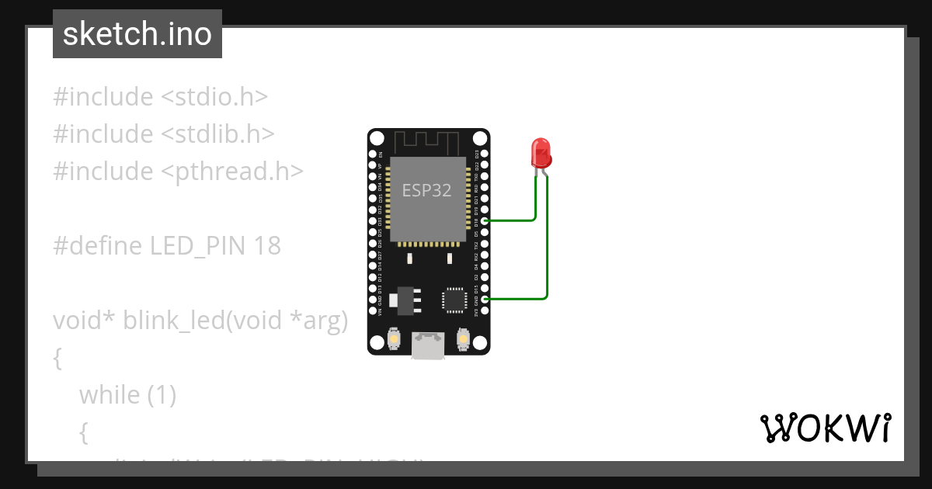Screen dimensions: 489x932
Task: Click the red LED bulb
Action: coord(541,153)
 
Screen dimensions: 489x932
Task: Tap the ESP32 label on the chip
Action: coord(426,190)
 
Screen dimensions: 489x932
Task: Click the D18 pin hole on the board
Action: coord(485,221)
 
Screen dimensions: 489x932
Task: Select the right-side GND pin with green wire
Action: coord(485,298)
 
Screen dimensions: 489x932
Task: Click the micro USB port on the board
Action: coord(428,346)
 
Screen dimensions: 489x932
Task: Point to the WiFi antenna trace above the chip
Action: coord(428,143)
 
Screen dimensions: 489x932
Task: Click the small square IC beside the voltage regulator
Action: coord(454,300)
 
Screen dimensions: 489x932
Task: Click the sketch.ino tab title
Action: coord(137,34)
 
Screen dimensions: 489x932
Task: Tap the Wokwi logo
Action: coord(825,428)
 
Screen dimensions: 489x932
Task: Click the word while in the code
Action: coord(110,395)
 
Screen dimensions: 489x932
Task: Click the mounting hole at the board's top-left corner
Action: coord(377,138)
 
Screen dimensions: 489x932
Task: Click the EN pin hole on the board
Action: coord(372,154)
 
